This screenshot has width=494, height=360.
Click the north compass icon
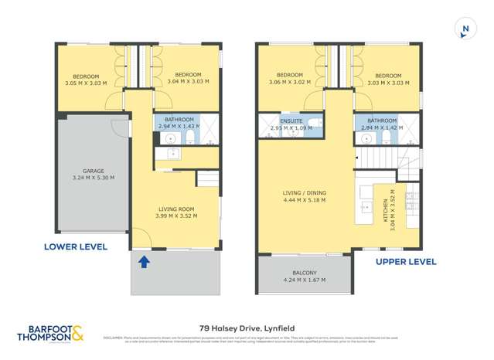465,29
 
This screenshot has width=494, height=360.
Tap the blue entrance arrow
144,262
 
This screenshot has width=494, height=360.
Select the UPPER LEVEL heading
406,262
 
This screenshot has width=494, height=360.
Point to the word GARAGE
94,171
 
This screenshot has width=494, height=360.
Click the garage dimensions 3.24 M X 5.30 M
94,178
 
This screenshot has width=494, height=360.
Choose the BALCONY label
304,273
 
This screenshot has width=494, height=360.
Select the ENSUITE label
291,120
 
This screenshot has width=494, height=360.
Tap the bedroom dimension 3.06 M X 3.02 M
289,82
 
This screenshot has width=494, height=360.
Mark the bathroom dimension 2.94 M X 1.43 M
178,126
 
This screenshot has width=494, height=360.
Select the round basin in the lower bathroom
170,140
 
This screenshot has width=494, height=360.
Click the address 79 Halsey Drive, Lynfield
247,326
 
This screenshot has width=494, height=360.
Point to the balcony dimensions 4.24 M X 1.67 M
304,280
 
